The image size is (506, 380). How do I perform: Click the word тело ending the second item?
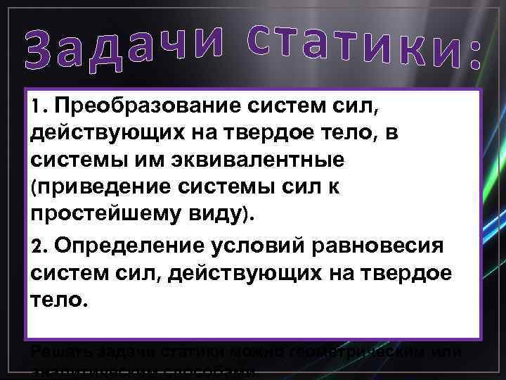tap(57, 300)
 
